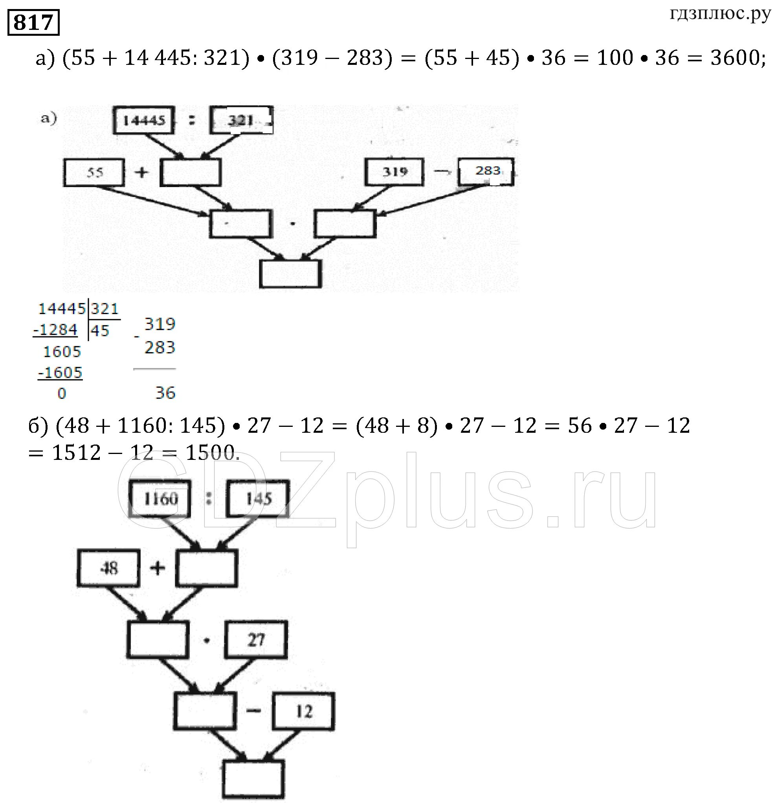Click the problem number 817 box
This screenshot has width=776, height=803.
[33, 22]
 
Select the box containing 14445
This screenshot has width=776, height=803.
[144, 120]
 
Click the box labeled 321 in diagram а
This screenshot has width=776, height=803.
[241, 120]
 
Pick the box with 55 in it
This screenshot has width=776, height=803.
[94, 173]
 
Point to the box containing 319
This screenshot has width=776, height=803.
[394, 172]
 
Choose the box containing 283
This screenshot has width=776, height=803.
[486, 171]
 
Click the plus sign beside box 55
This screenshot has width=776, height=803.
[141, 172]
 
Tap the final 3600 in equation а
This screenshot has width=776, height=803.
[735, 58]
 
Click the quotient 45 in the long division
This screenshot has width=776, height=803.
[100, 331]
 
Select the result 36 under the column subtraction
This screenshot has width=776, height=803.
[165, 393]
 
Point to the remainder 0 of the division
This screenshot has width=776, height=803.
[61, 394]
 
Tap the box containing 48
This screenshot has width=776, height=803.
[108, 568]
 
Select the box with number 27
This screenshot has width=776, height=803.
[256, 639]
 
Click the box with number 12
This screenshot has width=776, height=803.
[304, 711]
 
